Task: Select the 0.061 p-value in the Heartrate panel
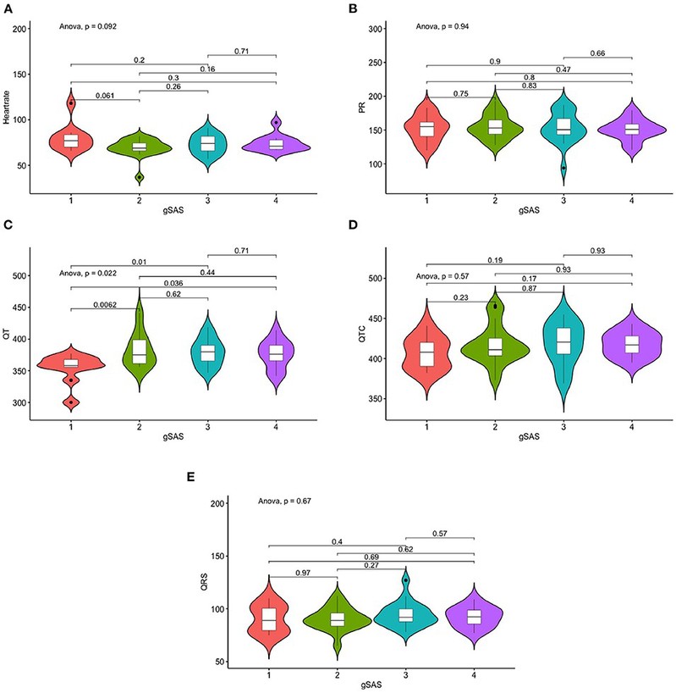coord(104,95)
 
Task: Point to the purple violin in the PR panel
coord(631,130)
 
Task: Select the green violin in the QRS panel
coord(336,620)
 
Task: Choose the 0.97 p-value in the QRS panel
coord(302,574)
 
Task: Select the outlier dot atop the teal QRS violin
coord(405,580)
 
